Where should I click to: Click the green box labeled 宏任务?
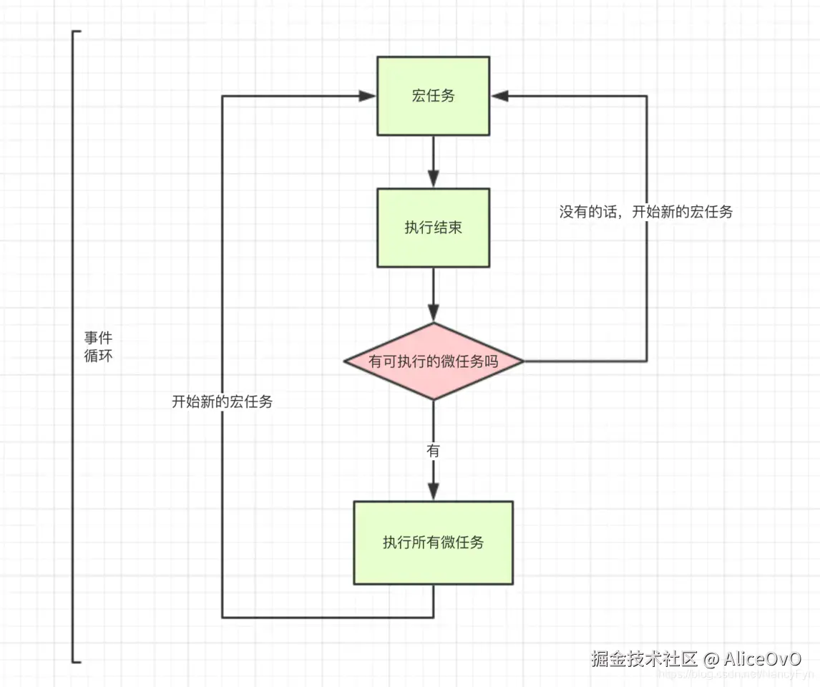pos(433,96)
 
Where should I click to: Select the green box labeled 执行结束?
pos(433,228)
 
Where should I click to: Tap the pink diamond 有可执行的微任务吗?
pos(433,361)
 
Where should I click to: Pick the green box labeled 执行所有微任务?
pos(433,542)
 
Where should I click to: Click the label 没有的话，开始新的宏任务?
pos(645,213)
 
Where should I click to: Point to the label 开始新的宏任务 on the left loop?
pos(222,402)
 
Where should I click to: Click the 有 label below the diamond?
pos(433,451)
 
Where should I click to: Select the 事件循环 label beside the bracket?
pos(98,346)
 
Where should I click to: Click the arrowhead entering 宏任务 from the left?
pos(368,96)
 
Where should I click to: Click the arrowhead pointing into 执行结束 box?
pos(433,180)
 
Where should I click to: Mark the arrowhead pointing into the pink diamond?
pos(433,313)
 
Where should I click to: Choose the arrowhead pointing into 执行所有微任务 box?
pos(433,492)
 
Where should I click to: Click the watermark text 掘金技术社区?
pos(644,658)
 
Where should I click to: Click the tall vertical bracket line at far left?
pos(74,346)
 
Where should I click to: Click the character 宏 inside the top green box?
pos(419,96)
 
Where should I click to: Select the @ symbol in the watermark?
pos(711,658)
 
